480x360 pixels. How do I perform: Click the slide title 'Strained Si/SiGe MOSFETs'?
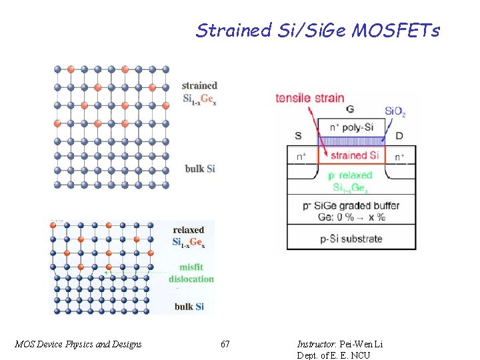pos(317,30)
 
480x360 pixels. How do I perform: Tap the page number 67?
pos(225,344)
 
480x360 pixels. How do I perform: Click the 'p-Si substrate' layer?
pos(351,238)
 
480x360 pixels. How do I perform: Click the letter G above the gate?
pos(350,109)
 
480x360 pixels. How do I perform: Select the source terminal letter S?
pos(297,136)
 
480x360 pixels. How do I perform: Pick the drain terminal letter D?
pos(399,136)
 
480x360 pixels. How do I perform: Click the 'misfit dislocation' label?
pos(191,273)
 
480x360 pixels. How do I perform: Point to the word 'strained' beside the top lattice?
pos(199,85)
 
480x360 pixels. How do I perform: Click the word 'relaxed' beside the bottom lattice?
pos(188,230)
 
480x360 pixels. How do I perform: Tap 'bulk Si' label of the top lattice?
pos(200,169)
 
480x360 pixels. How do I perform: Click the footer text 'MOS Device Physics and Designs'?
pos(78,344)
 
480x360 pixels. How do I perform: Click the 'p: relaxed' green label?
pos(351,175)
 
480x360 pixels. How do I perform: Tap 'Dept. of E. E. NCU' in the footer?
pos(333,355)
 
